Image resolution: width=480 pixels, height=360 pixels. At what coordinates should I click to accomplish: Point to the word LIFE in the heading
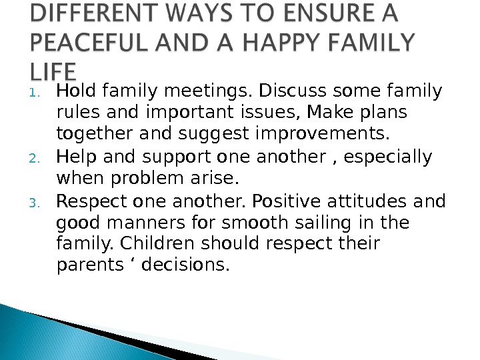pyautogui.click(x=53, y=72)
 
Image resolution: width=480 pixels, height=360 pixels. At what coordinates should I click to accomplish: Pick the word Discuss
pyautogui.click(x=285, y=90)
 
